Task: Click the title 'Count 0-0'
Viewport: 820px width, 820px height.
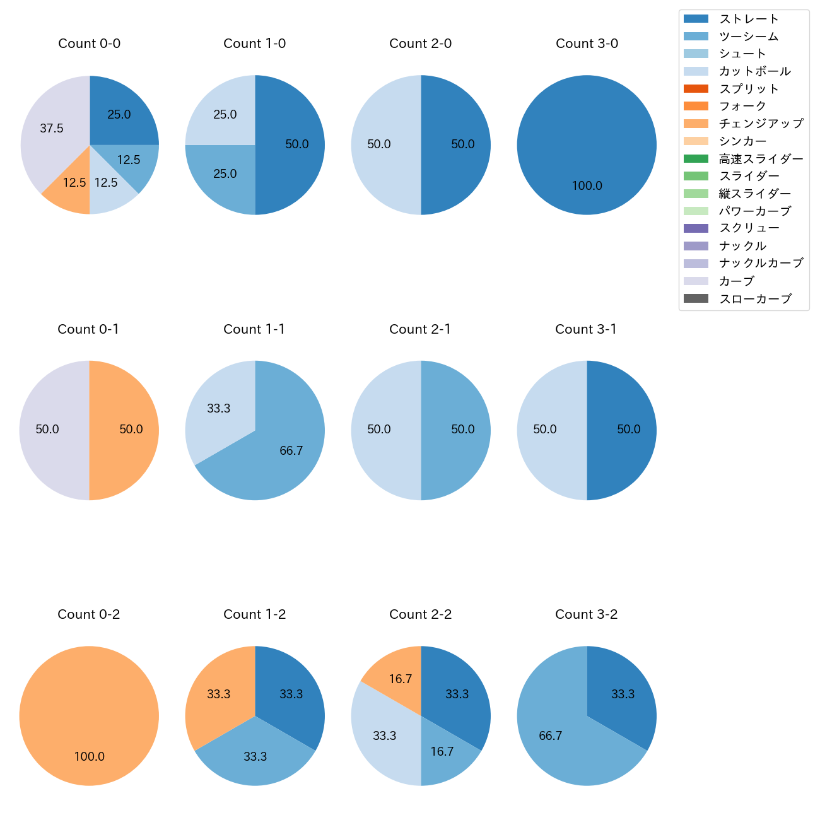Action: (x=89, y=44)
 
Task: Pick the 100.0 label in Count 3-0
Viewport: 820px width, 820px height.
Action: (x=587, y=186)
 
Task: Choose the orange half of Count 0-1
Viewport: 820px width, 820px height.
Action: (x=126, y=430)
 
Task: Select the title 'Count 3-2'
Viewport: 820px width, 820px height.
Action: (x=586, y=614)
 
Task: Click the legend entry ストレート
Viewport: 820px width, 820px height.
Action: (x=749, y=19)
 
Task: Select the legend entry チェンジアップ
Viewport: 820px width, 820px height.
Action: (x=761, y=124)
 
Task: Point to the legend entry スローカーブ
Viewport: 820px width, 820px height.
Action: (x=755, y=299)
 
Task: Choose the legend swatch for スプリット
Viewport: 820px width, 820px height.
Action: (x=696, y=89)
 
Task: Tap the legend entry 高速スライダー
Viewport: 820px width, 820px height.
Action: (x=761, y=159)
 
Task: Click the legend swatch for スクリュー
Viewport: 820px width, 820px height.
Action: (x=696, y=228)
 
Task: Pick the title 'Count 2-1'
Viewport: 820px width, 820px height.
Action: (x=420, y=329)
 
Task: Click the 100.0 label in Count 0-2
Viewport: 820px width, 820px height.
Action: (x=89, y=757)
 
